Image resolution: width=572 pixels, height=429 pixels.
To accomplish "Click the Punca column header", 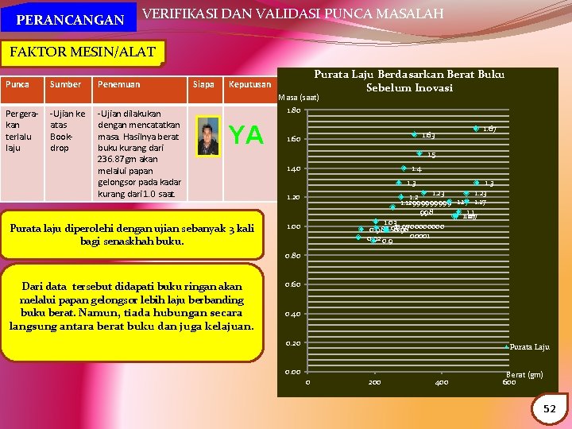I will [x=17, y=84].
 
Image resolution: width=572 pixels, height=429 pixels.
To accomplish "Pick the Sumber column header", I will [x=65, y=84].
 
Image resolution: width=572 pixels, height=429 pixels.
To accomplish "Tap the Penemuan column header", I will [x=118, y=84].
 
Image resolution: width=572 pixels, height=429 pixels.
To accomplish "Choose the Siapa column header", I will [x=204, y=84].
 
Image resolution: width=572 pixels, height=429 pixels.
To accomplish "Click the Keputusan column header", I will [x=249, y=84].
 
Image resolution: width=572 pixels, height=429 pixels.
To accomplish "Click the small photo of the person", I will [x=209, y=137].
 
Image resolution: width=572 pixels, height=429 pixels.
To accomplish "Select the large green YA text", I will [x=247, y=136].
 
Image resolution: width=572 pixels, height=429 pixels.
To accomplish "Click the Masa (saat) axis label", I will [x=299, y=98].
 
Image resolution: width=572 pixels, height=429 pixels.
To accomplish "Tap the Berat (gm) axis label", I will [x=524, y=374].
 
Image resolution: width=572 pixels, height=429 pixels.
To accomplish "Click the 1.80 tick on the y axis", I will [x=293, y=110].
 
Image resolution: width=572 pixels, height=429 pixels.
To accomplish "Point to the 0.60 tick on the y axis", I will [x=293, y=284].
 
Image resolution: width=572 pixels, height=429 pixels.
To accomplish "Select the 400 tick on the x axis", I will [x=442, y=382].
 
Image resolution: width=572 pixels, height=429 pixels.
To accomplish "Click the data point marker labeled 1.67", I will [x=476, y=128].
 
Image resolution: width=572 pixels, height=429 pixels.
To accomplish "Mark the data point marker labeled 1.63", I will [x=414, y=134].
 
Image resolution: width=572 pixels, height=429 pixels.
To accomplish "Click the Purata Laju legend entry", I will [x=529, y=347].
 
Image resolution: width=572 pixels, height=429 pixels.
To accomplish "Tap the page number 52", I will [x=549, y=408].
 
